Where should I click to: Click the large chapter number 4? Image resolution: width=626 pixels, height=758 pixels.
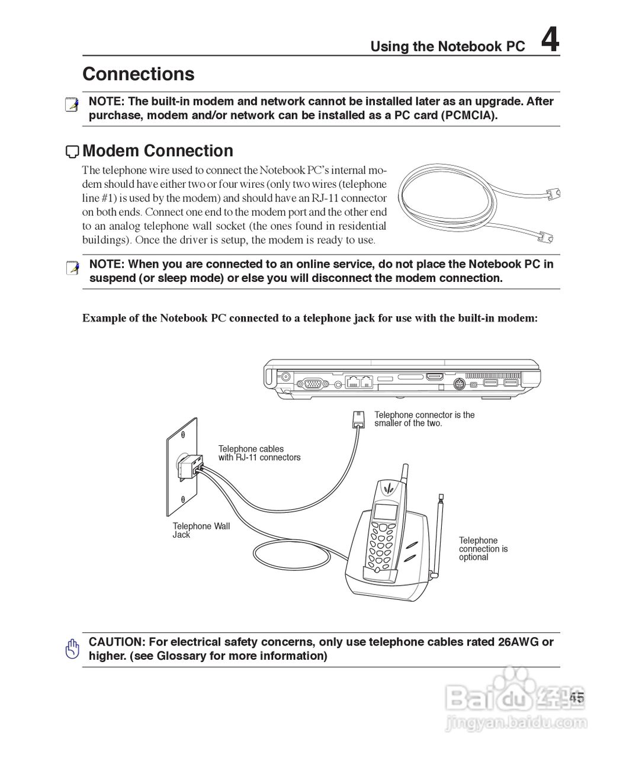click(x=550, y=41)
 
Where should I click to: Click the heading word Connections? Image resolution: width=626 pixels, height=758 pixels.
click(x=139, y=74)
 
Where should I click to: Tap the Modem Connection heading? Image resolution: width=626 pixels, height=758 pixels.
click(x=158, y=151)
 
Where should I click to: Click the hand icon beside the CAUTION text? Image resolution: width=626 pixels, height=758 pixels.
click(x=72, y=649)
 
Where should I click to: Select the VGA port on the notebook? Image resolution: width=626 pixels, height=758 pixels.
click(x=314, y=383)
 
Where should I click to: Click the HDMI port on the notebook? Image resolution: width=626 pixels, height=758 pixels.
click(x=435, y=377)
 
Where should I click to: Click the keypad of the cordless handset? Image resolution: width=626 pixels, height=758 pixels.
click(x=379, y=545)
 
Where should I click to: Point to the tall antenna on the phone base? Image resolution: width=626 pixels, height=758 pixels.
click(x=439, y=533)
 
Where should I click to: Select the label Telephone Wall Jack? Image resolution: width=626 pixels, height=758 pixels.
click(x=201, y=530)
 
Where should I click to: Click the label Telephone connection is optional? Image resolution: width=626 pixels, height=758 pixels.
click(x=483, y=548)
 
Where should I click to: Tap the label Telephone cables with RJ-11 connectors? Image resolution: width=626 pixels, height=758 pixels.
click(x=259, y=453)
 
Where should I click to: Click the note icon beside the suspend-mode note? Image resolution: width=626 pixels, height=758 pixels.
click(x=72, y=268)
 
